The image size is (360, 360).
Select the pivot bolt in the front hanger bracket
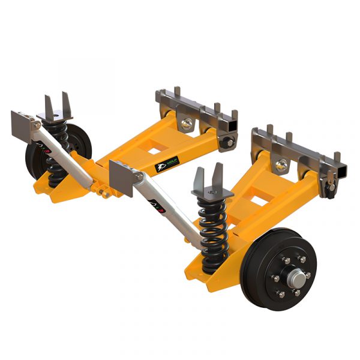(281, 164)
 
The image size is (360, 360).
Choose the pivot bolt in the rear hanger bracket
(188, 124)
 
